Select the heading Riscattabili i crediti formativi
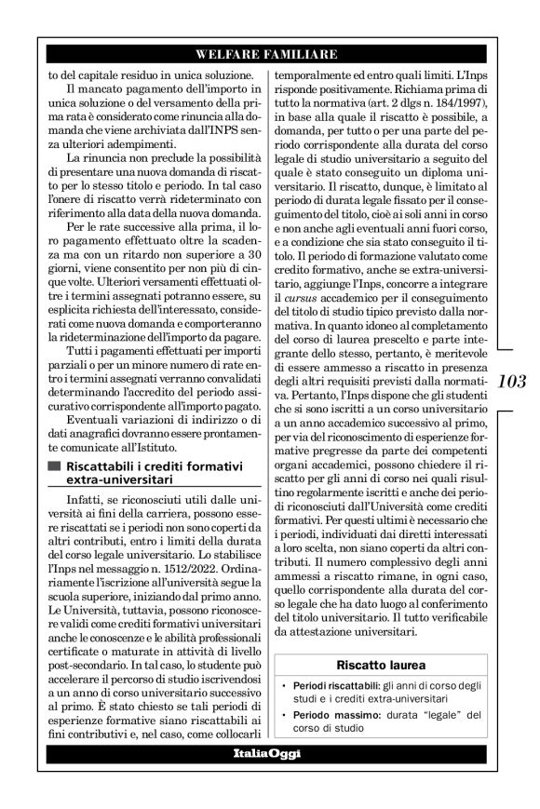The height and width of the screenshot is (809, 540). coord(147,465)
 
